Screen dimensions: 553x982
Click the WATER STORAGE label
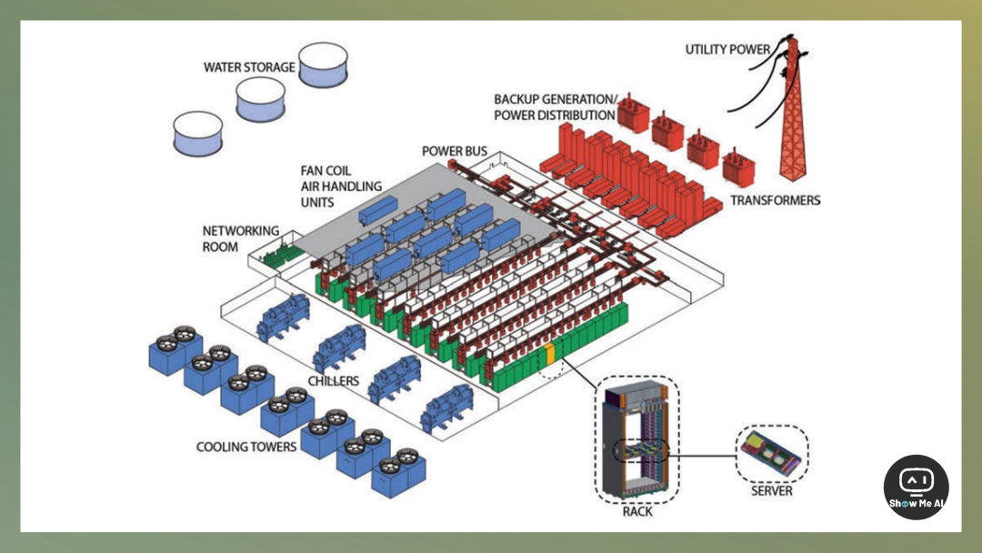point(249,67)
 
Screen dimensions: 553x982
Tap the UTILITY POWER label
point(727,49)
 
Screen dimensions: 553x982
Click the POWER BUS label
point(454,150)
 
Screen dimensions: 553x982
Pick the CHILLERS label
point(333,381)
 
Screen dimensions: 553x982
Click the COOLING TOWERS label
point(246,447)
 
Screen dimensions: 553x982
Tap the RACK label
point(637,511)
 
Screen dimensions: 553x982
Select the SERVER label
point(771,491)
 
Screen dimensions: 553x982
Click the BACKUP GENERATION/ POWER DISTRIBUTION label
point(555,106)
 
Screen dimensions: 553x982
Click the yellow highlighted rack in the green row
point(548,354)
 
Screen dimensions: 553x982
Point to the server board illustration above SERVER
point(771,451)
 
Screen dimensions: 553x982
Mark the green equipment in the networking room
point(279,256)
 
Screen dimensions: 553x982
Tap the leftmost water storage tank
point(199,133)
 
